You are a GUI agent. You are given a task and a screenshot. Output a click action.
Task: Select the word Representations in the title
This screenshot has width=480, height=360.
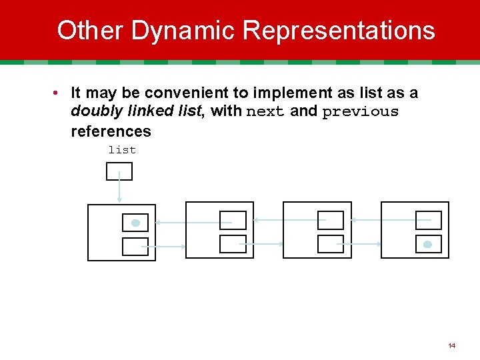pyautogui.click(x=339, y=31)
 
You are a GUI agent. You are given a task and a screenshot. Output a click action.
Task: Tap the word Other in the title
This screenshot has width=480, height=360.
pyautogui.click(x=91, y=31)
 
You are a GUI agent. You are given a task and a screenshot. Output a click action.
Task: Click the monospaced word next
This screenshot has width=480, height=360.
pyautogui.click(x=265, y=112)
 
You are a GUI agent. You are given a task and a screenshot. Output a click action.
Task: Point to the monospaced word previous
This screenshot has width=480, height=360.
pyautogui.click(x=360, y=112)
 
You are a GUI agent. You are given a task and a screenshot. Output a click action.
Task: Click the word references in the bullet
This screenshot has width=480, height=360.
pyautogui.click(x=111, y=131)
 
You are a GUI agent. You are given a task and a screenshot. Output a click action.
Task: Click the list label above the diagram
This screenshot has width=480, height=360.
pyautogui.click(x=122, y=150)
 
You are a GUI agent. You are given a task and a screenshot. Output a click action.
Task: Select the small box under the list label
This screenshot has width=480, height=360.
pyautogui.click(x=119, y=171)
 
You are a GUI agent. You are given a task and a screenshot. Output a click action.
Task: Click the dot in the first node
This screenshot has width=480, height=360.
pyautogui.click(x=135, y=223)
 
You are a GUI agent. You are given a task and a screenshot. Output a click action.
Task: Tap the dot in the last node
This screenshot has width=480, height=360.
pyautogui.click(x=427, y=245)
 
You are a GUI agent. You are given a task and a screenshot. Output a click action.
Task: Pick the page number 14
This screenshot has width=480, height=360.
pyautogui.click(x=452, y=346)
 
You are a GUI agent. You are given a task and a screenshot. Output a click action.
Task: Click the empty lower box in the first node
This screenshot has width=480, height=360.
pyautogui.click(x=135, y=247)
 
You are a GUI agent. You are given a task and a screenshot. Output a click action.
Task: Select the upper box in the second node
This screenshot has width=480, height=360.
pyautogui.click(x=233, y=220)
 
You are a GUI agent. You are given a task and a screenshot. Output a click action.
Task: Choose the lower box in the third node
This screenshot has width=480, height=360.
pyautogui.click(x=330, y=244)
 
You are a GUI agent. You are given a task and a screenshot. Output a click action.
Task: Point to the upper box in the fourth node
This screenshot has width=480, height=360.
pyautogui.click(x=428, y=220)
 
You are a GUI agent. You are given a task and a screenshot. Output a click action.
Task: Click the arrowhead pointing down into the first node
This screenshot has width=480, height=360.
pyautogui.click(x=119, y=199)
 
